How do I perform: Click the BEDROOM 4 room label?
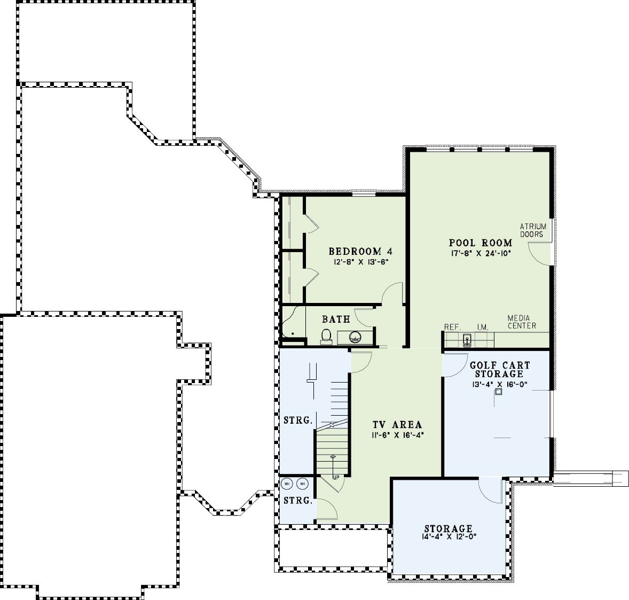pos(360,252)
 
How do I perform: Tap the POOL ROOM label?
pos(480,243)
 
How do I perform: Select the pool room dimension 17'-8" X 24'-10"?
pos(480,253)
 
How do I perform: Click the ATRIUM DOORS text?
pos(533,230)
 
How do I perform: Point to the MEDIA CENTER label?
pos(522,322)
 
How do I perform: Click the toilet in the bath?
pos(326,337)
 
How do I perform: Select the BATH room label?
pos(336,320)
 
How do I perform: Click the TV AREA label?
pos(397,425)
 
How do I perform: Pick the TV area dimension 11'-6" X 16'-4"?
pos(397,435)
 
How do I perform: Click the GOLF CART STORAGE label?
pos(499,370)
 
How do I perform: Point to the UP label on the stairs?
pos(336,477)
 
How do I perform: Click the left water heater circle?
pos(287,484)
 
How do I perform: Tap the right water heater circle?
pos(302,484)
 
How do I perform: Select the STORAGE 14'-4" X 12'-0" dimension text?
pos(449,536)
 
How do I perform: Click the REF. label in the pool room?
pos(452,328)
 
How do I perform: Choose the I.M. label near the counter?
pos(483,328)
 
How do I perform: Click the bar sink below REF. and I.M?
pos(467,340)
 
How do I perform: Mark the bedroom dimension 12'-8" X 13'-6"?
pos(360,262)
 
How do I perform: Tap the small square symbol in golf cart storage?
pos(498,392)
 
